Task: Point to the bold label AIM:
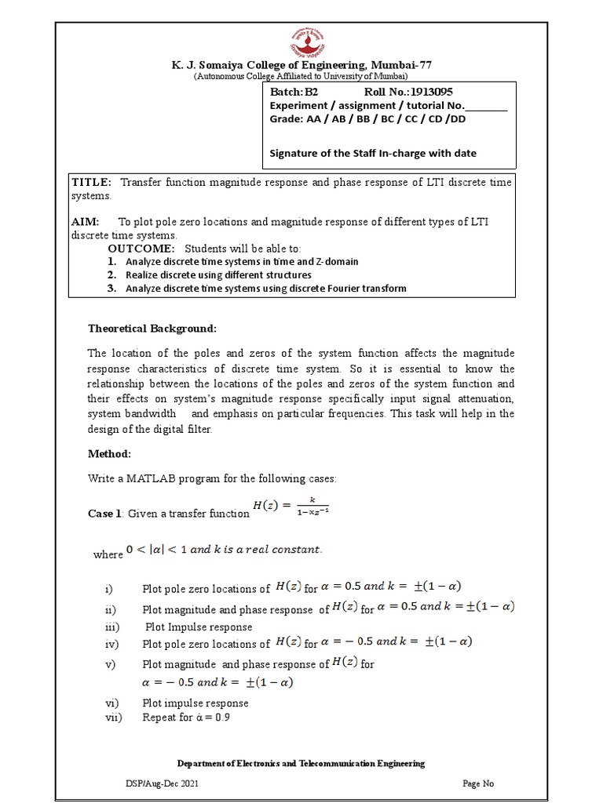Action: (x=86, y=222)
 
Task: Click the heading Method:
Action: (x=109, y=454)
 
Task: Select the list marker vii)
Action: (x=111, y=717)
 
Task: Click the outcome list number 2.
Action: (x=112, y=275)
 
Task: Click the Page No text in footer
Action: (x=477, y=783)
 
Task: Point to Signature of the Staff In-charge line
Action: (x=373, y=153)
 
